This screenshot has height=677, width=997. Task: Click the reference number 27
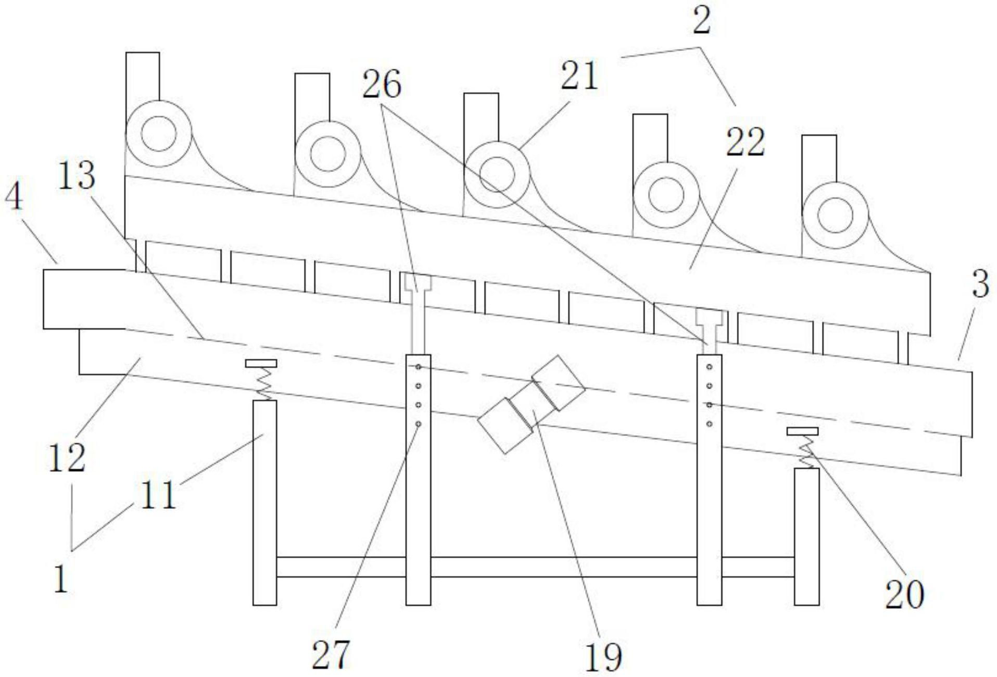331,654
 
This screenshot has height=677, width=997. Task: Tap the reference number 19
603,657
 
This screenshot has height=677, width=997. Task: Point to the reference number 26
382,84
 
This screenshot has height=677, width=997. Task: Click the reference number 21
579,76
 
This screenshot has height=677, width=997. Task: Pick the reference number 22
745,142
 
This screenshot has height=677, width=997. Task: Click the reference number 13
76,175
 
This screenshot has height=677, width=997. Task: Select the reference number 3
980,284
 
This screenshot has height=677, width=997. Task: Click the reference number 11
158,495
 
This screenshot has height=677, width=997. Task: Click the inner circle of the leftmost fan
158,134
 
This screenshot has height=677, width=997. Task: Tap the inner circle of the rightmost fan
835,216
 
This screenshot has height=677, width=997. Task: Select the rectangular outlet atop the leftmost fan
142,76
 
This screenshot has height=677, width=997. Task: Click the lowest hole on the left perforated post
418,424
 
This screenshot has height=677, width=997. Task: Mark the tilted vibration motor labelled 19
531,404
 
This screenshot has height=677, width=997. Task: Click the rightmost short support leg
806,536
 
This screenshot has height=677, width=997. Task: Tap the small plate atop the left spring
261,363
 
